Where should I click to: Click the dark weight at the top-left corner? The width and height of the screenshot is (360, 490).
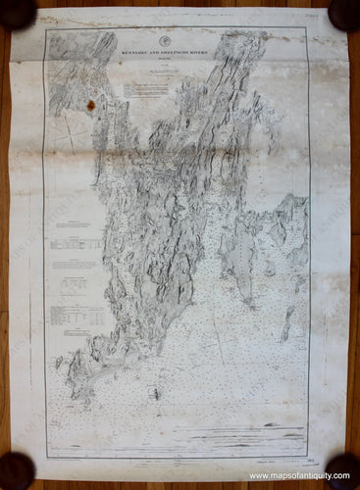pos(17,12)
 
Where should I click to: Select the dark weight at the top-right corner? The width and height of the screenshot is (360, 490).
pos(344,12)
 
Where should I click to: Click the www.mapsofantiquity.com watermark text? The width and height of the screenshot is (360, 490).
pos(303,476)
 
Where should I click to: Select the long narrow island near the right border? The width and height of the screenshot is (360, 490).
pos(288,323)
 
